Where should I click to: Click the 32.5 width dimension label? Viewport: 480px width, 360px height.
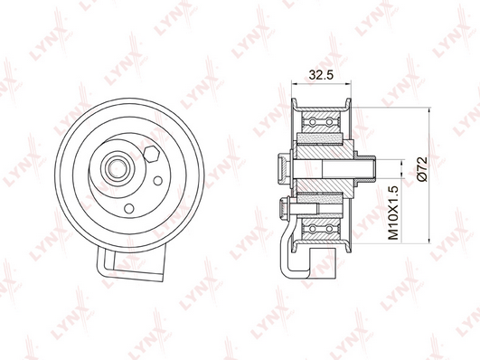pyautogui.click(x=321, y=75)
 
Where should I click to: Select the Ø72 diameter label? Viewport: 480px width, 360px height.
pyautogui.click(x=422, y=169)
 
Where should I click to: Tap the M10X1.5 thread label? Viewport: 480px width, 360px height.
pyautogui.click(x=393, y=213)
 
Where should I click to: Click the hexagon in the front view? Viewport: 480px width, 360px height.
pyautogui.click(x=151, y=154)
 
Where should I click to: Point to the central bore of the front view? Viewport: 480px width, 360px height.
pyautogui.click(x=118, y=168)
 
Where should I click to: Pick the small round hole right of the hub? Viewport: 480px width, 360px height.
pyautogui.click(x=157, y=181)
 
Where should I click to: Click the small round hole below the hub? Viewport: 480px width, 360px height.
pyautogui.click(x=129, y=208)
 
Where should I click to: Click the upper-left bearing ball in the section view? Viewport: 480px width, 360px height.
pyautogui.click(x=313, y=122)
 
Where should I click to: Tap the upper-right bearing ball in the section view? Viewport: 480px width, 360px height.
pyautogui.click(x=329, y=122)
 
